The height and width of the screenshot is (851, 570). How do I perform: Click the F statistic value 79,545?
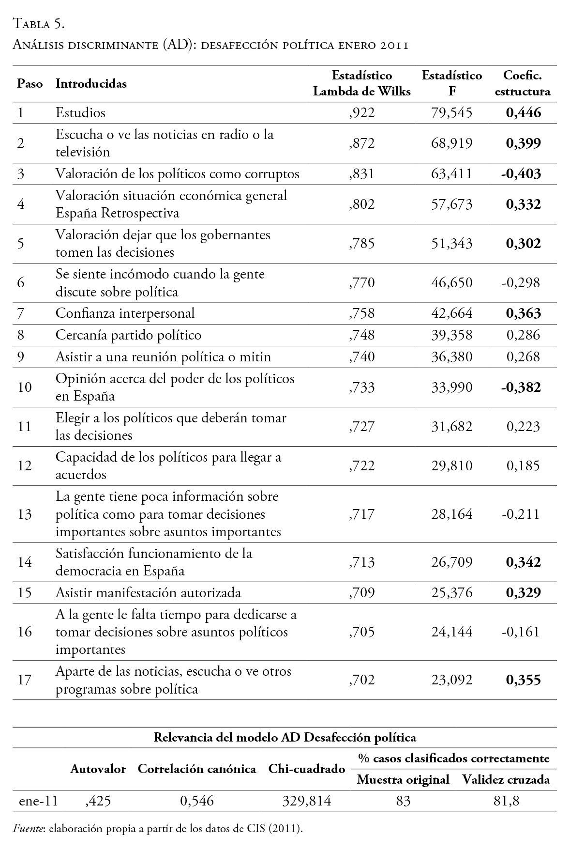tap(451, 113)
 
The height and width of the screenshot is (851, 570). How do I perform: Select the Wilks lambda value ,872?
tap(361, 143)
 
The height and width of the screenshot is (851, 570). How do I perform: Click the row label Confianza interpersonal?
tap(125, 313)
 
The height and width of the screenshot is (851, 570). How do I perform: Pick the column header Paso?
tap(30, 84)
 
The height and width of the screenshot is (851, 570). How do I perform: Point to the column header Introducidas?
tap(91, 84)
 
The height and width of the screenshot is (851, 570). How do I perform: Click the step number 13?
tap(24, 514)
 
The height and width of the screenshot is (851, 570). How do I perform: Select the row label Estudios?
tap(80, 113)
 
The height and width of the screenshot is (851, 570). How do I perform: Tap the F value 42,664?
tap(451, 313)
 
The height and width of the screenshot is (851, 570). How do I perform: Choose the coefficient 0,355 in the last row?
tap(523, 680)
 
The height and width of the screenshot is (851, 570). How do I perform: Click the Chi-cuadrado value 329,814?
tap(306, 801)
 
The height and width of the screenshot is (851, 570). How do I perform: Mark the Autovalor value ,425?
tap(98, 801)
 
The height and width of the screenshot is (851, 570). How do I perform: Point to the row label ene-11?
tap(38, 801)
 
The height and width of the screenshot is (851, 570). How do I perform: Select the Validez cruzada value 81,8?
tap(506, 801)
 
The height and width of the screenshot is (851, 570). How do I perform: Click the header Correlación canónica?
tap(197, 769)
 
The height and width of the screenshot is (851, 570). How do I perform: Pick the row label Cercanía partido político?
tap(128, 335)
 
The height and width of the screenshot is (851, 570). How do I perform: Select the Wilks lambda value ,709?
tap(361, 593)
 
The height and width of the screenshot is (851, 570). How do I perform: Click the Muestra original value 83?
tap(403, 801)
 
